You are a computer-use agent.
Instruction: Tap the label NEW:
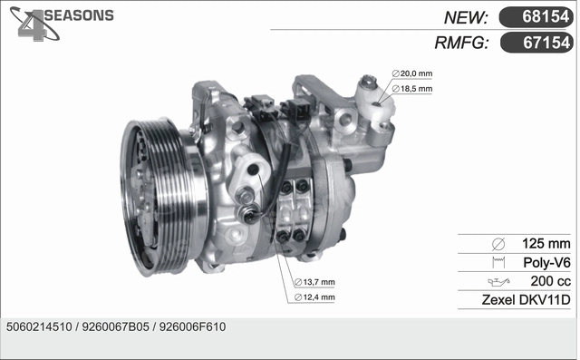(467, 17)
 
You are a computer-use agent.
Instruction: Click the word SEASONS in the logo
(79, 15)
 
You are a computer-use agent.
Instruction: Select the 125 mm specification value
(546, 244)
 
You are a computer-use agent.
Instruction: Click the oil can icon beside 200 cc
(497, 282)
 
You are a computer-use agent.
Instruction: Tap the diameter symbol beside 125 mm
(497, 244)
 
